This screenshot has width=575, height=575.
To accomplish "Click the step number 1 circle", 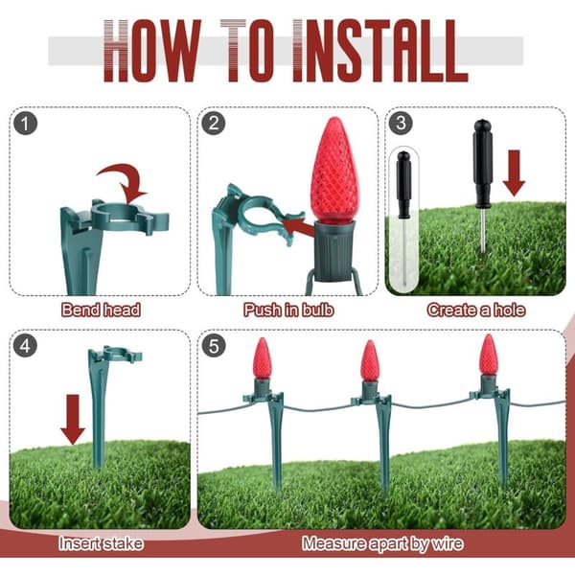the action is pyautogui.click(x=25, y=124).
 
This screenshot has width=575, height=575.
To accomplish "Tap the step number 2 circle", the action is pyautogui.click(x=214, y=124).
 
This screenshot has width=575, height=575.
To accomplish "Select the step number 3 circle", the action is pyautogui.click(x=401, y=123).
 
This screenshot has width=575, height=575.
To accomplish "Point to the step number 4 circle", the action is pyautogui.click(x=25, y=346).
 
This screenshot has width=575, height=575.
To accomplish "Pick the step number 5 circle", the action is pyautogui.click(x=214, y=346).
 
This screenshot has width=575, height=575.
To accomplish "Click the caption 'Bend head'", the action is pyautogui.click(x=101, y=310).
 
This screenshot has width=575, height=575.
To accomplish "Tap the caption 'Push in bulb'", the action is pyautogui.click(x=288, y=310).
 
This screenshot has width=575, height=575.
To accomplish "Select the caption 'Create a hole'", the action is pyautogui.click(x=476, y=310).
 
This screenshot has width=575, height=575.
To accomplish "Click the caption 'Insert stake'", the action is pyautogui.click(x=101, y=543).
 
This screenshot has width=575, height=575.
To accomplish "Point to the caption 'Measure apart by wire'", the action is pyautogui.click(x=382, y=543).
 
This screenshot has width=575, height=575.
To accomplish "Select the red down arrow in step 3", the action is pyautogui.click(x=514, y=172).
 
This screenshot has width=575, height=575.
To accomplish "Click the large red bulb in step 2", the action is pyautogui.click(x=333, y=170).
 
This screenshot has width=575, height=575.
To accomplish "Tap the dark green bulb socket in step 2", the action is pyautogui.click(x=333, y=251).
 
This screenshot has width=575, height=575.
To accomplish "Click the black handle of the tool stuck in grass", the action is pyautogui.click(x=483, y=164).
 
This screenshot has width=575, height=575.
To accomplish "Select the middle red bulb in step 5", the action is pyautogui.click(x=370, y=361).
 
